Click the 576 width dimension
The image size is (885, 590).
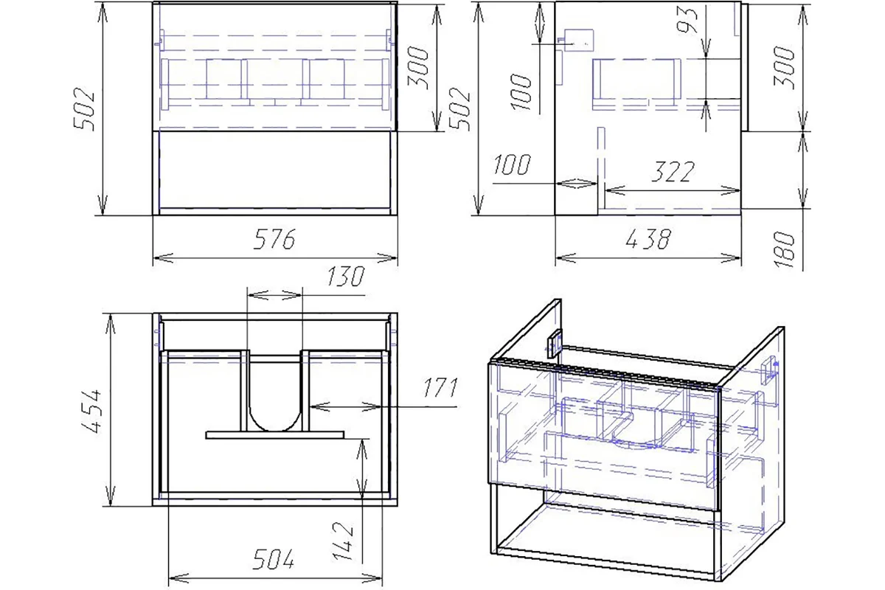pyautogui.click(x=274, y=239)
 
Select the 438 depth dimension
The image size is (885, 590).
pyautogui.click(x=648, y=239)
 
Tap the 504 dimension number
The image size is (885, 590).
pyautogui.click(x=274, y=559)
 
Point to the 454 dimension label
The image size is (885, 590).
pyautogui.click(x=91, y=411)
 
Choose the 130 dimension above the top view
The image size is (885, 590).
pyautogui.click(x=345, y=277)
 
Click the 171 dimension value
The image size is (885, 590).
pyautogui.click(x=441, y=388)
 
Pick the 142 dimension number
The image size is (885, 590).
pyautogui.click(x=344, y=541)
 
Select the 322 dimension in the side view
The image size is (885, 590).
pyautogui.click(x=673, y=172)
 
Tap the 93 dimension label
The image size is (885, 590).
pyautogui.click(x=687, y=19)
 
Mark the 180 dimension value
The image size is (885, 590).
pyautogui.click(x=784, y=250)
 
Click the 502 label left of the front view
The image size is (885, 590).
pyautogui.click(x=84, y=109)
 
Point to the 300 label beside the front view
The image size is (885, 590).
pyautogui.click(x=417, y=68)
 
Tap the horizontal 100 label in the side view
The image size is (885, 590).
pyautogui.click(x=512, y=164)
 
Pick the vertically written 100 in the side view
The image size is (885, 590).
pyautogui.click(x=521, y=91)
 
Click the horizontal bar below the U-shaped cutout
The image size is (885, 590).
pyautogui.click(x=275, y=434)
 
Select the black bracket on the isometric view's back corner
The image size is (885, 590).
pyautogui.click(x=555, y=343)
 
